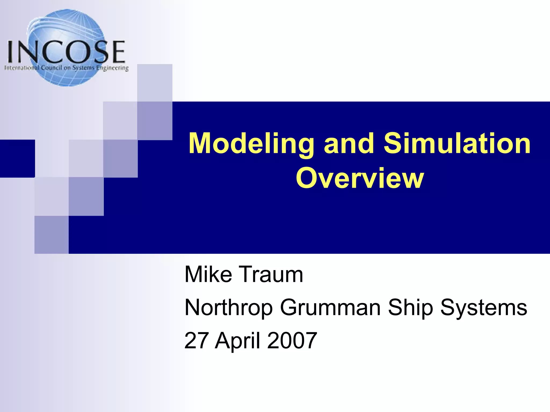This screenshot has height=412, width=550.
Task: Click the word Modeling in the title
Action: click(251, 144)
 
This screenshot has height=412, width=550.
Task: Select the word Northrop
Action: click(229, 307)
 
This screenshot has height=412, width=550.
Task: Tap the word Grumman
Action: click(330, 307)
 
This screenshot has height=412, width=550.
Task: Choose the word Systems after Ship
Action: click(483, 307)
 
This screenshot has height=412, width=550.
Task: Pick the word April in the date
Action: click(237, 341)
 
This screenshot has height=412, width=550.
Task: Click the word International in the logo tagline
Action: click(22, 68)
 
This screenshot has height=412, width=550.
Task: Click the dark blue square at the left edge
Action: click(17, 158)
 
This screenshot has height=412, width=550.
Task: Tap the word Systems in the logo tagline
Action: click(84, 68)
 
